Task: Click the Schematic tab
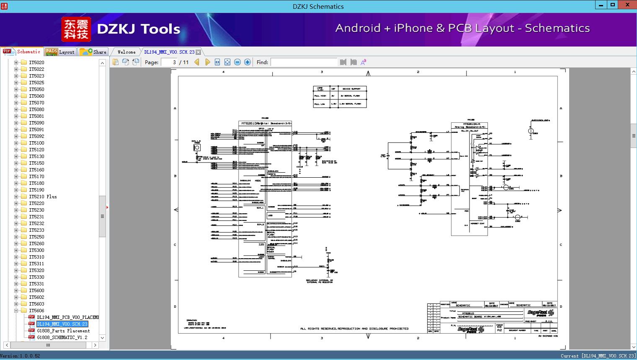(23, 52)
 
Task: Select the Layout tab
(60, 52)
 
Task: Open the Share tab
(93, 52)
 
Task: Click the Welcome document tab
(126, 52)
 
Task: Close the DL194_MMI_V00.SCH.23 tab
(199, 52)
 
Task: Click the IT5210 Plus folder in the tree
(42, 197)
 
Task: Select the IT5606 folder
(36, 311)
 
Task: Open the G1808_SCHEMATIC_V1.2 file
(62, 337)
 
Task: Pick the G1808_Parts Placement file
(63, 331)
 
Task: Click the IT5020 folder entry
(36, 62)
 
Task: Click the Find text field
(304, 62)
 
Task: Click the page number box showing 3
(169, 62)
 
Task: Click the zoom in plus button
(248, 62)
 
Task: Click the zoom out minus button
(237, 62)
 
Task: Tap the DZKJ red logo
(76, 29)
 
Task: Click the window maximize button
(613, 5)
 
